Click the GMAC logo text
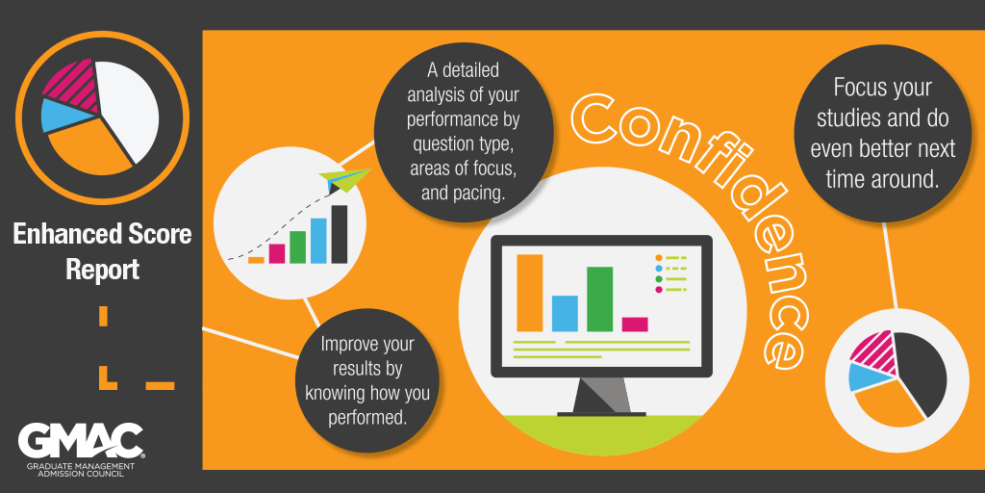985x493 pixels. pos(81,441)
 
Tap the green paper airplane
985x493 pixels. pos(344,179)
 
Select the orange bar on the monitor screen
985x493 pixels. pos(530,293)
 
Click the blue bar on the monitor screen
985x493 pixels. pos(565,313)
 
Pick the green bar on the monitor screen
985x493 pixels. pos(600,298)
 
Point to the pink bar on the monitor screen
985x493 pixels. pos(635,324)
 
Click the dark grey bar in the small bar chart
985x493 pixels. pos(340,234)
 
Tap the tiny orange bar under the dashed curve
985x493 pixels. pos(256,260)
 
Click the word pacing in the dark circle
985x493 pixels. pos(479,193)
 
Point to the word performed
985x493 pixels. pos(368,415)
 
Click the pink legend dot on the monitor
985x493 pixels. pos(658,289)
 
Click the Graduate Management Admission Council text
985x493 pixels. pos(81,469)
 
